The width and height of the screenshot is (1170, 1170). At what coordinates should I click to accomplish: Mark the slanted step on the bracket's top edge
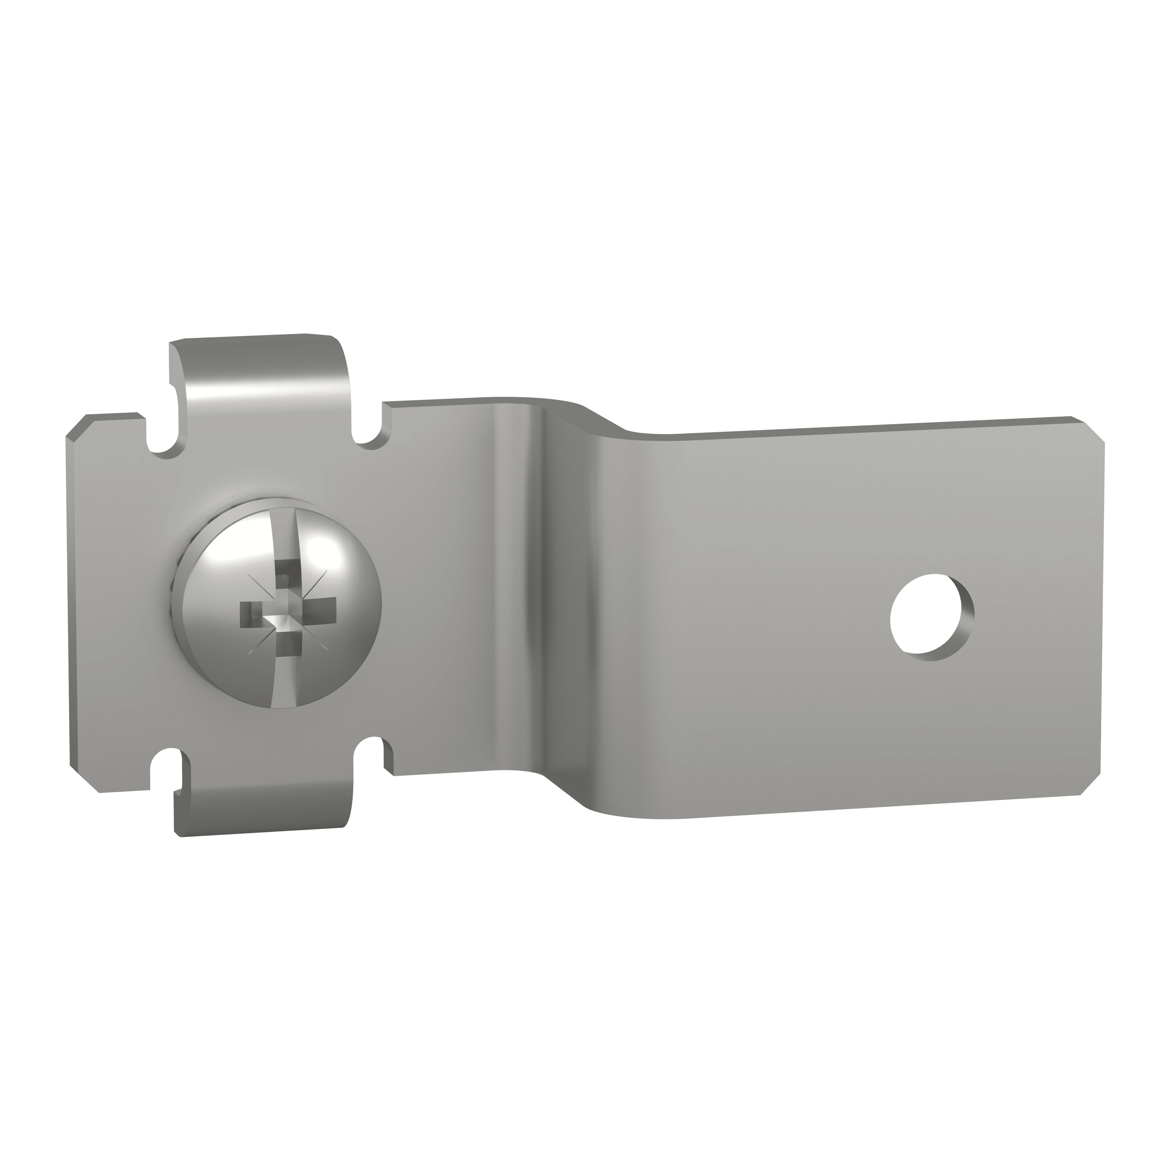(x=605, y=418)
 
